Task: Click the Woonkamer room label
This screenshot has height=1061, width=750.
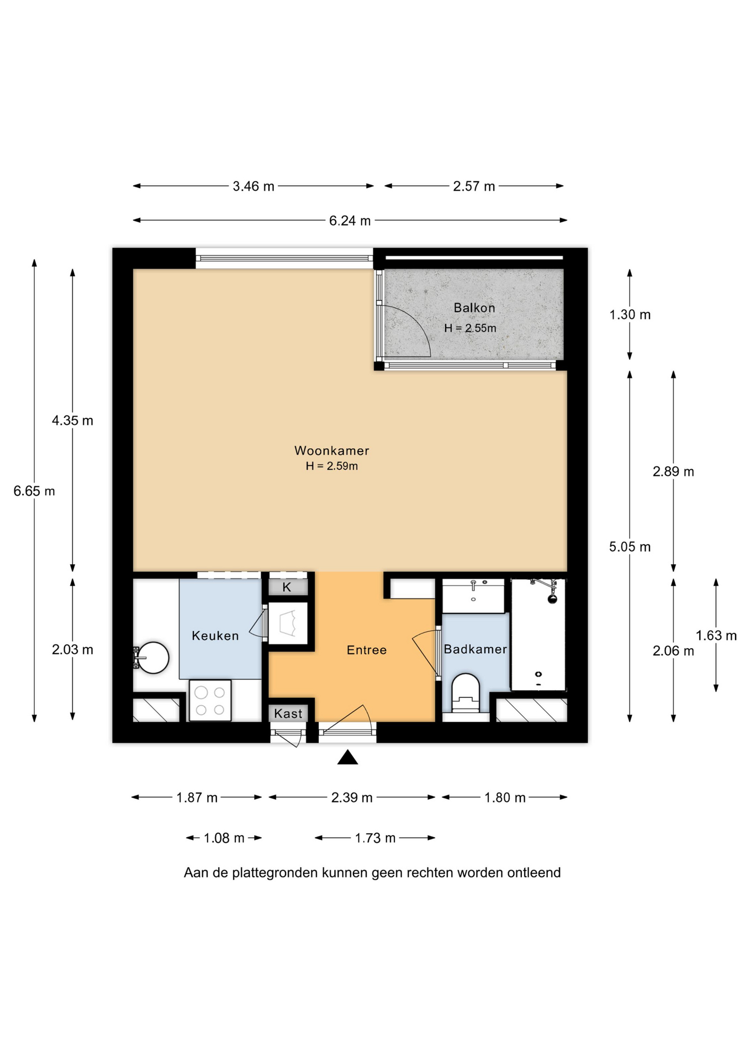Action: point(331,450)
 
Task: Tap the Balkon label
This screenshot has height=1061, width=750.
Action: point(474,308)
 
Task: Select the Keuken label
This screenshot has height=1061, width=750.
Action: point(215,635)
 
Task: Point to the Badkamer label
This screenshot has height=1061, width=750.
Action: point(475,649)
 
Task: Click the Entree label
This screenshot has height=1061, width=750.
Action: point(367,650)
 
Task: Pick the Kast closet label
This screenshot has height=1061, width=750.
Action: point(288,713)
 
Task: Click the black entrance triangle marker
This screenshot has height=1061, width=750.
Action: point(347,757)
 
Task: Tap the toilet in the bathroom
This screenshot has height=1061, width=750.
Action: point(466,693)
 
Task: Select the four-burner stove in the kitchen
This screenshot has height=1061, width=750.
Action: point(210,700)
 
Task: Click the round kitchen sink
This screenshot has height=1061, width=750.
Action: point(152,658)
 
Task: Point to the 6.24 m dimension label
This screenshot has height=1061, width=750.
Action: point(350,220)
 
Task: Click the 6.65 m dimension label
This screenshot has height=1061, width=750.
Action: point(34,491)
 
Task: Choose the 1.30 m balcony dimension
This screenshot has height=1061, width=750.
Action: point(630,314)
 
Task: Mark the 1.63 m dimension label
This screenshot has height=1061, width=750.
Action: point(716,635)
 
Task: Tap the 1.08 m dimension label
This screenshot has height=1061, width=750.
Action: point(224,838)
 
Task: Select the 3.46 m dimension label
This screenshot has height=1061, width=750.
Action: point(253,186)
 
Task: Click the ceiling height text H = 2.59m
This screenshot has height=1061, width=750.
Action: point(331,466)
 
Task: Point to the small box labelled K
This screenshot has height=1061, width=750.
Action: point(287,587)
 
